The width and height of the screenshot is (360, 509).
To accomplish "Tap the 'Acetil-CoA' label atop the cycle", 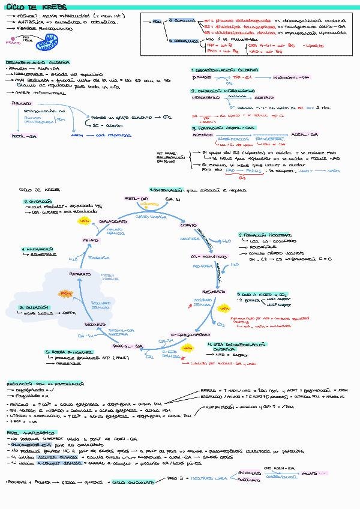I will tap(136, 197).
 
